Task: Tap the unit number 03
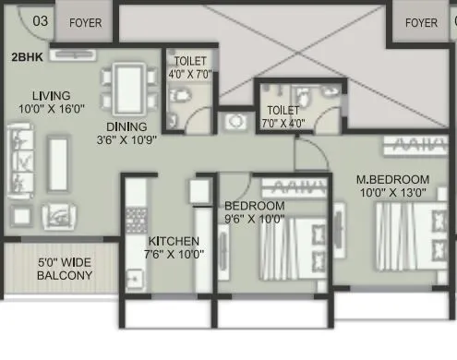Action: (16, 19)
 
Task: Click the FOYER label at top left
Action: (85, 22)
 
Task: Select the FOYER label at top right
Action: (422, 22)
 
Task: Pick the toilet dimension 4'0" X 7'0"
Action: (190, 74)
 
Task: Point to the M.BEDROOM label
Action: (393, 178)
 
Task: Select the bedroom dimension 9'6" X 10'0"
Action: (254, 219)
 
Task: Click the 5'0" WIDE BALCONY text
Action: (66, 268)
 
